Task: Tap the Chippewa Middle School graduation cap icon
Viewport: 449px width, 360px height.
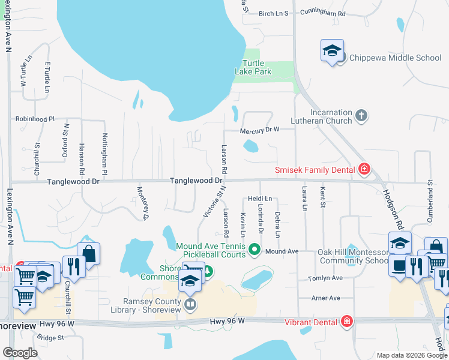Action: coord(331,52)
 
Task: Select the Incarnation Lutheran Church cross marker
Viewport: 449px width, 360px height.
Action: coord(361,116)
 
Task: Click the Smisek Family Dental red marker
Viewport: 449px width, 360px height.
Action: coord(363,170)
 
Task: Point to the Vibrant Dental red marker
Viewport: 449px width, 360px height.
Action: coord(346,322)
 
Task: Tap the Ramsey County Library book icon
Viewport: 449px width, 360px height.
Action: coord(190,304)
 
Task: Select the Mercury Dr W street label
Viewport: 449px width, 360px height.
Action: coord(260,130)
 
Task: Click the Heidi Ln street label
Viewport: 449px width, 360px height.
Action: coord(260,199)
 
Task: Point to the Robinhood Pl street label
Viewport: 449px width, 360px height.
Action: coord(35,119)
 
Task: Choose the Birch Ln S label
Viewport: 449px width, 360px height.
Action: coord(274,13)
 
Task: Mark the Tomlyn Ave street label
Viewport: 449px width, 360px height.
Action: coord(325,278)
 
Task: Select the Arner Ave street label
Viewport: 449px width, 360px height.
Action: coord(326,298)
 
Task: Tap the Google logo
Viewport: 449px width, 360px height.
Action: coord(20,352)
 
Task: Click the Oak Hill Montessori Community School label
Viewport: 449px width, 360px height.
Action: coord(353,256)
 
